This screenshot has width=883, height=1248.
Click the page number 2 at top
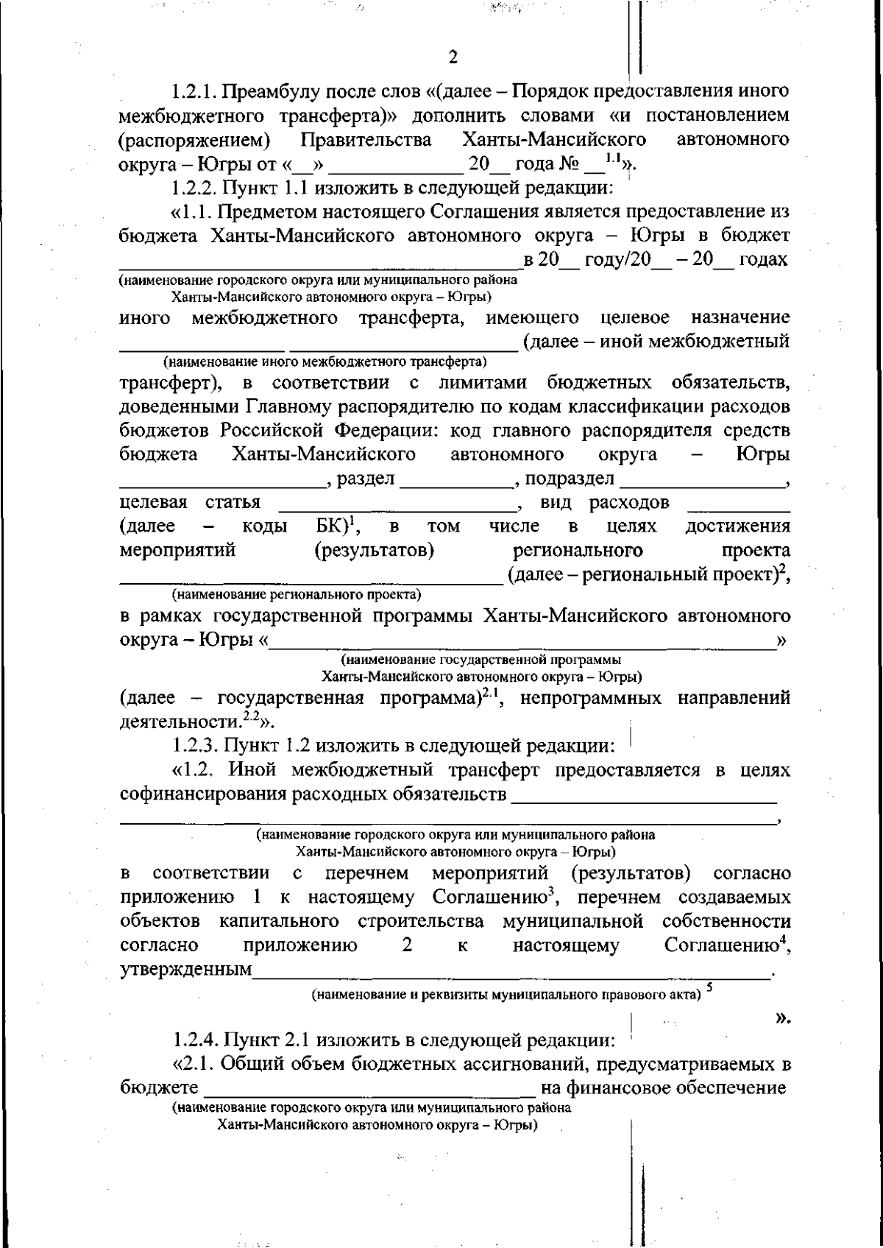click(x=453, y=57)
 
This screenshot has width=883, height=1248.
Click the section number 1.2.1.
click(x=194, y=92)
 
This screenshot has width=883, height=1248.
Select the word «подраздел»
click(x=569, y=479)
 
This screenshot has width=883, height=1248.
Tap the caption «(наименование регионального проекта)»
click(x=297, y=593)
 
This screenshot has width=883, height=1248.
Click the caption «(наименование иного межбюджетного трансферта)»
click(x=325, y=362)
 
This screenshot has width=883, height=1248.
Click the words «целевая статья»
click(x=189, y=503)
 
